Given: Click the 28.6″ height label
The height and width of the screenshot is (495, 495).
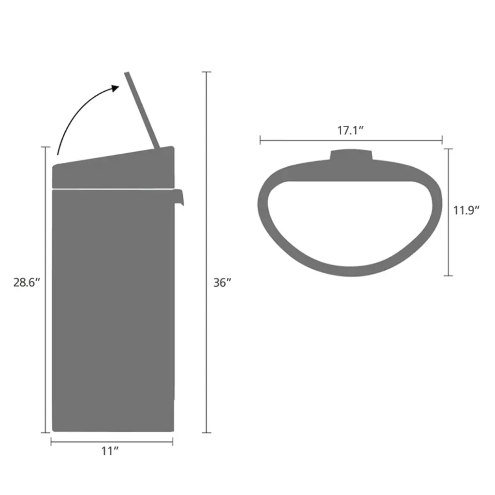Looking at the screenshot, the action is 27,282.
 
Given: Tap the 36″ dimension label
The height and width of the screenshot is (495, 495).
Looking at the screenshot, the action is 222,282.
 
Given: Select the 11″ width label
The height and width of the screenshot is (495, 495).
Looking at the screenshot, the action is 110,451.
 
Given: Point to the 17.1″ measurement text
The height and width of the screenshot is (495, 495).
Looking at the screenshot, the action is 351,131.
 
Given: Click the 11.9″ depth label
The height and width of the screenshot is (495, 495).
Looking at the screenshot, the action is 466,210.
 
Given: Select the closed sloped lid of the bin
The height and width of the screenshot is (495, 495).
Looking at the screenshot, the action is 113,168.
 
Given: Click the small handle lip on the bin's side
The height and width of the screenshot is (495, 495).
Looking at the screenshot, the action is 179,197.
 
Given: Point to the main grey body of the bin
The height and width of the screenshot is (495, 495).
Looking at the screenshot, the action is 113,310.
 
